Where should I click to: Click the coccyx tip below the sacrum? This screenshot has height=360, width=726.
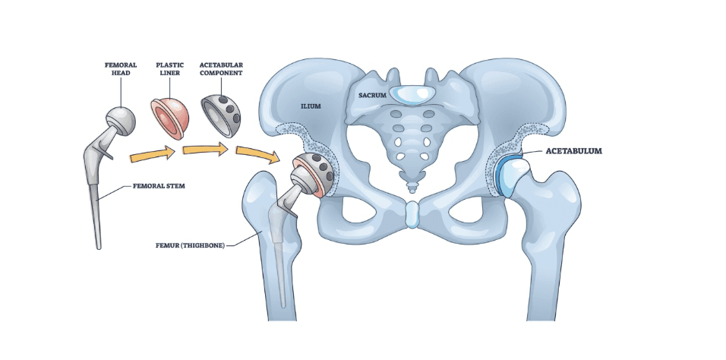(x=411, y=185)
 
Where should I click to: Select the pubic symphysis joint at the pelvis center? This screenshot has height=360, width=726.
(x=411, y=215)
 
